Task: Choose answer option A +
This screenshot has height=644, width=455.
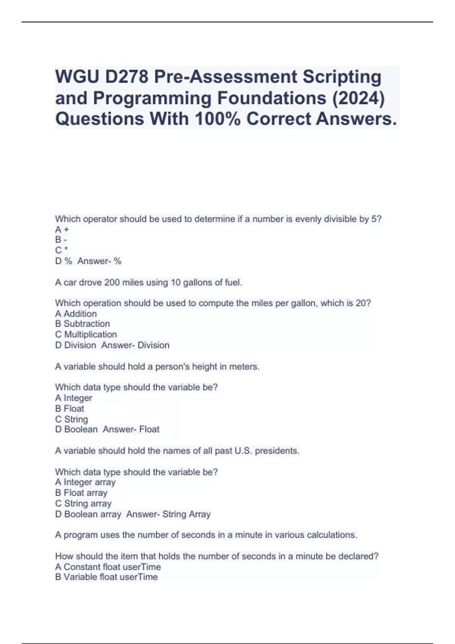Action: tap(62, 230)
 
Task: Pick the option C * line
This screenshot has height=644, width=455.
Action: tap(61, 250)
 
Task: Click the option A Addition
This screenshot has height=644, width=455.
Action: tap(76, 314)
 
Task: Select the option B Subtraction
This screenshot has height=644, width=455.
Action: tap(82, 324)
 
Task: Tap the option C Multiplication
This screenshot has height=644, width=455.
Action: tap(86, 335)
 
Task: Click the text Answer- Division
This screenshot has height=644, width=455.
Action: tap(135, 345)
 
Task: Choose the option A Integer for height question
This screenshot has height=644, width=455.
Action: tap(74, 398)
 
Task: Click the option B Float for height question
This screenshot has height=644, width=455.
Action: tap(69, 408)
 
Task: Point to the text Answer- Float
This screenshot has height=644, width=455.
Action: tap(131, 429)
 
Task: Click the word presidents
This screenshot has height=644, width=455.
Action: tap(277, 451)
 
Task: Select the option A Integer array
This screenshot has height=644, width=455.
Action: tap(85, 482)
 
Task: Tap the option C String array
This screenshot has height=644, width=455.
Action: tap(83, 503)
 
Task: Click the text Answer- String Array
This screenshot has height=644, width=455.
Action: tap(168, 514)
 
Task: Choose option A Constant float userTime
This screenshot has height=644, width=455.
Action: tap(108, 567)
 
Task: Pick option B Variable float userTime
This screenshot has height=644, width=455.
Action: tap(107, 577)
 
